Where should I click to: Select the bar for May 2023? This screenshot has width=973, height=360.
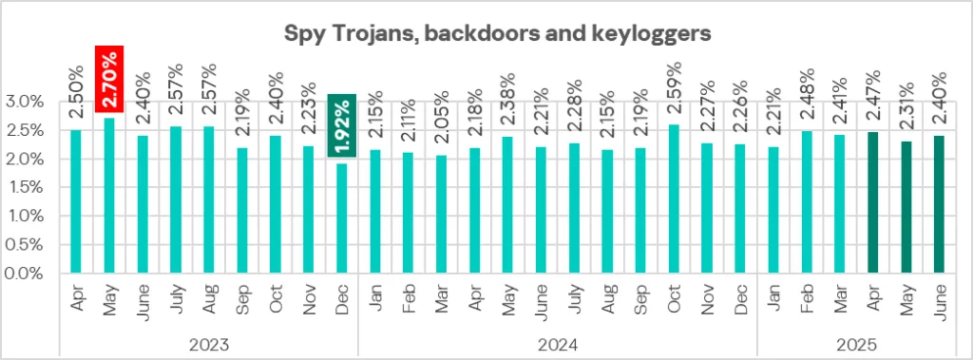110,195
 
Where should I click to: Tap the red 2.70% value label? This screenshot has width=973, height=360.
110,84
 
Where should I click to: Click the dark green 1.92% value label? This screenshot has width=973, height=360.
341,124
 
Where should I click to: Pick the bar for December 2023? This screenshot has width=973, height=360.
341,218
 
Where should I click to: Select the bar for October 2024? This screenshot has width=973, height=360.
673,199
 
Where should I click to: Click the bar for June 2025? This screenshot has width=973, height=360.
939,204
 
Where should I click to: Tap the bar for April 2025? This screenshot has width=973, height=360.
872,202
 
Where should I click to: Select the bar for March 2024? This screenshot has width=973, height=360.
441,214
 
